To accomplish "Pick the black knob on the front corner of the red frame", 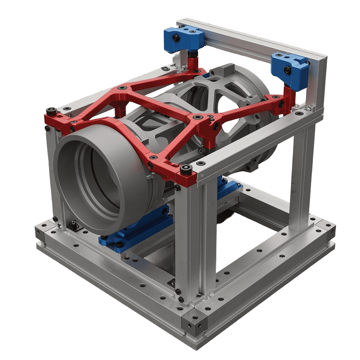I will [185, 171].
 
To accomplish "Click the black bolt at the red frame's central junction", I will [198, 116].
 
